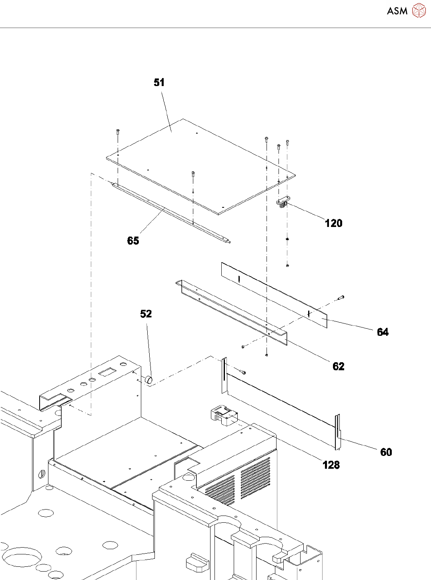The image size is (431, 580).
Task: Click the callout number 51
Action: pyautogui.click(x=159, y=82)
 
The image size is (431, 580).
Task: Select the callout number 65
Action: pyautogui.click(x=133, y=241)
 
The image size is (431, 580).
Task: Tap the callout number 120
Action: pyautogui.click(x=333, y=223)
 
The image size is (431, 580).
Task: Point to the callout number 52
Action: pyautogui.click(x=146, y=314)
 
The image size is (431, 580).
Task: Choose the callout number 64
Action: pyautogui.click(x=383, y=332)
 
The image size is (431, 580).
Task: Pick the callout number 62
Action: pyautogui.click(x=338, y=366)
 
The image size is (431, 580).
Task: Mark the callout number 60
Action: pyautogui.click(x=386, y=452)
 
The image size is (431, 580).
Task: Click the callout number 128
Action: pyautogui.click(x=331, y=465)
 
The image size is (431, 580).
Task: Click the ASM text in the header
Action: pyautogui.click(x=397, y=11)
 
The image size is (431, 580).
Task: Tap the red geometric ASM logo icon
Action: pyautogui.click(x=419, y=11)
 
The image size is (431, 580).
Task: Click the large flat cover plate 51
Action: pyautogui.click(x=200, y=164)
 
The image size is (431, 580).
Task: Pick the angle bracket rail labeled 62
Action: pyautogui.click(x=232, y=312)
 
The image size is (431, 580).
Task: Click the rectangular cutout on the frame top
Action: pyautogui.click(x=106, y=372)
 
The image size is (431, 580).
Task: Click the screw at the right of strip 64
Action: pyautogui.click(x=341, y=297)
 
